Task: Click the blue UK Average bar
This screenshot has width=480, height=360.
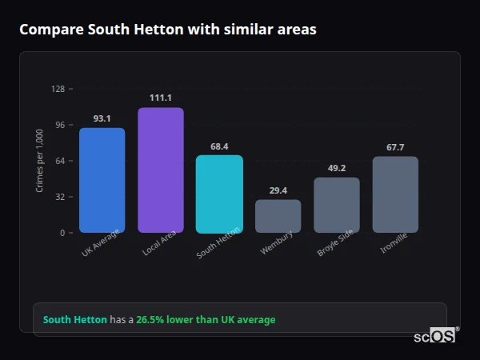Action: (x=102, y=180)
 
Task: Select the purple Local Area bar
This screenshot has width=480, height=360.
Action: (x=161, y=170)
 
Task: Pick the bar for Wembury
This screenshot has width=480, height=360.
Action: (x=278, y=216)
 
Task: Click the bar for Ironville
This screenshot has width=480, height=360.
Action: (x=395, y=194)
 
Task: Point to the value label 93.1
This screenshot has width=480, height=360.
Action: (x=102, y=118)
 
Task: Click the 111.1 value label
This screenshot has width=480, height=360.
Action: (x=161, y=98)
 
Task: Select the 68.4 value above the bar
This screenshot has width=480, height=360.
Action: (x=219, y=146)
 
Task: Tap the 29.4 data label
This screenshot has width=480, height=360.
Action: (x=278, y=190)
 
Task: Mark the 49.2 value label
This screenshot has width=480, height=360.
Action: (x=337, y=168)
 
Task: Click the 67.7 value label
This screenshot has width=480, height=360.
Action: (x=395, y=147)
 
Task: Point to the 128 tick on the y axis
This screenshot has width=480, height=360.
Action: (x=58, y=89)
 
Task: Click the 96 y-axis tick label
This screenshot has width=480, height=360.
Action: (x=59, y=125)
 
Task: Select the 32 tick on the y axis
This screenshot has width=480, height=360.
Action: (x=59, y=197)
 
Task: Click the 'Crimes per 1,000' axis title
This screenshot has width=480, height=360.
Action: (x=40, y=161)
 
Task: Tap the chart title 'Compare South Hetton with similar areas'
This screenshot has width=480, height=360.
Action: (x=167, y=30)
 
